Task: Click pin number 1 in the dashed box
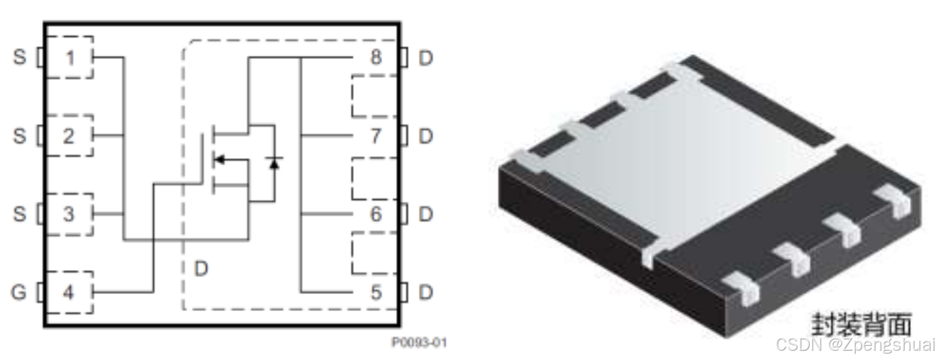[x=70, y=58]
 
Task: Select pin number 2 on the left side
[x=69, y=136]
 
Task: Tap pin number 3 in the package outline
[x=69, y=214]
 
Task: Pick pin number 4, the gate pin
[x=69, y=293]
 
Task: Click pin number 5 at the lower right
[x=376, y=293]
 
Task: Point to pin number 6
[x=376, y=214]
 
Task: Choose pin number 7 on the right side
[x=376, y=136]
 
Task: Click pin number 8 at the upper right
[x=376, y=57]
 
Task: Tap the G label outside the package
[x=19, y=293]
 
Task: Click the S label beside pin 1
[x=19, y=57]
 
